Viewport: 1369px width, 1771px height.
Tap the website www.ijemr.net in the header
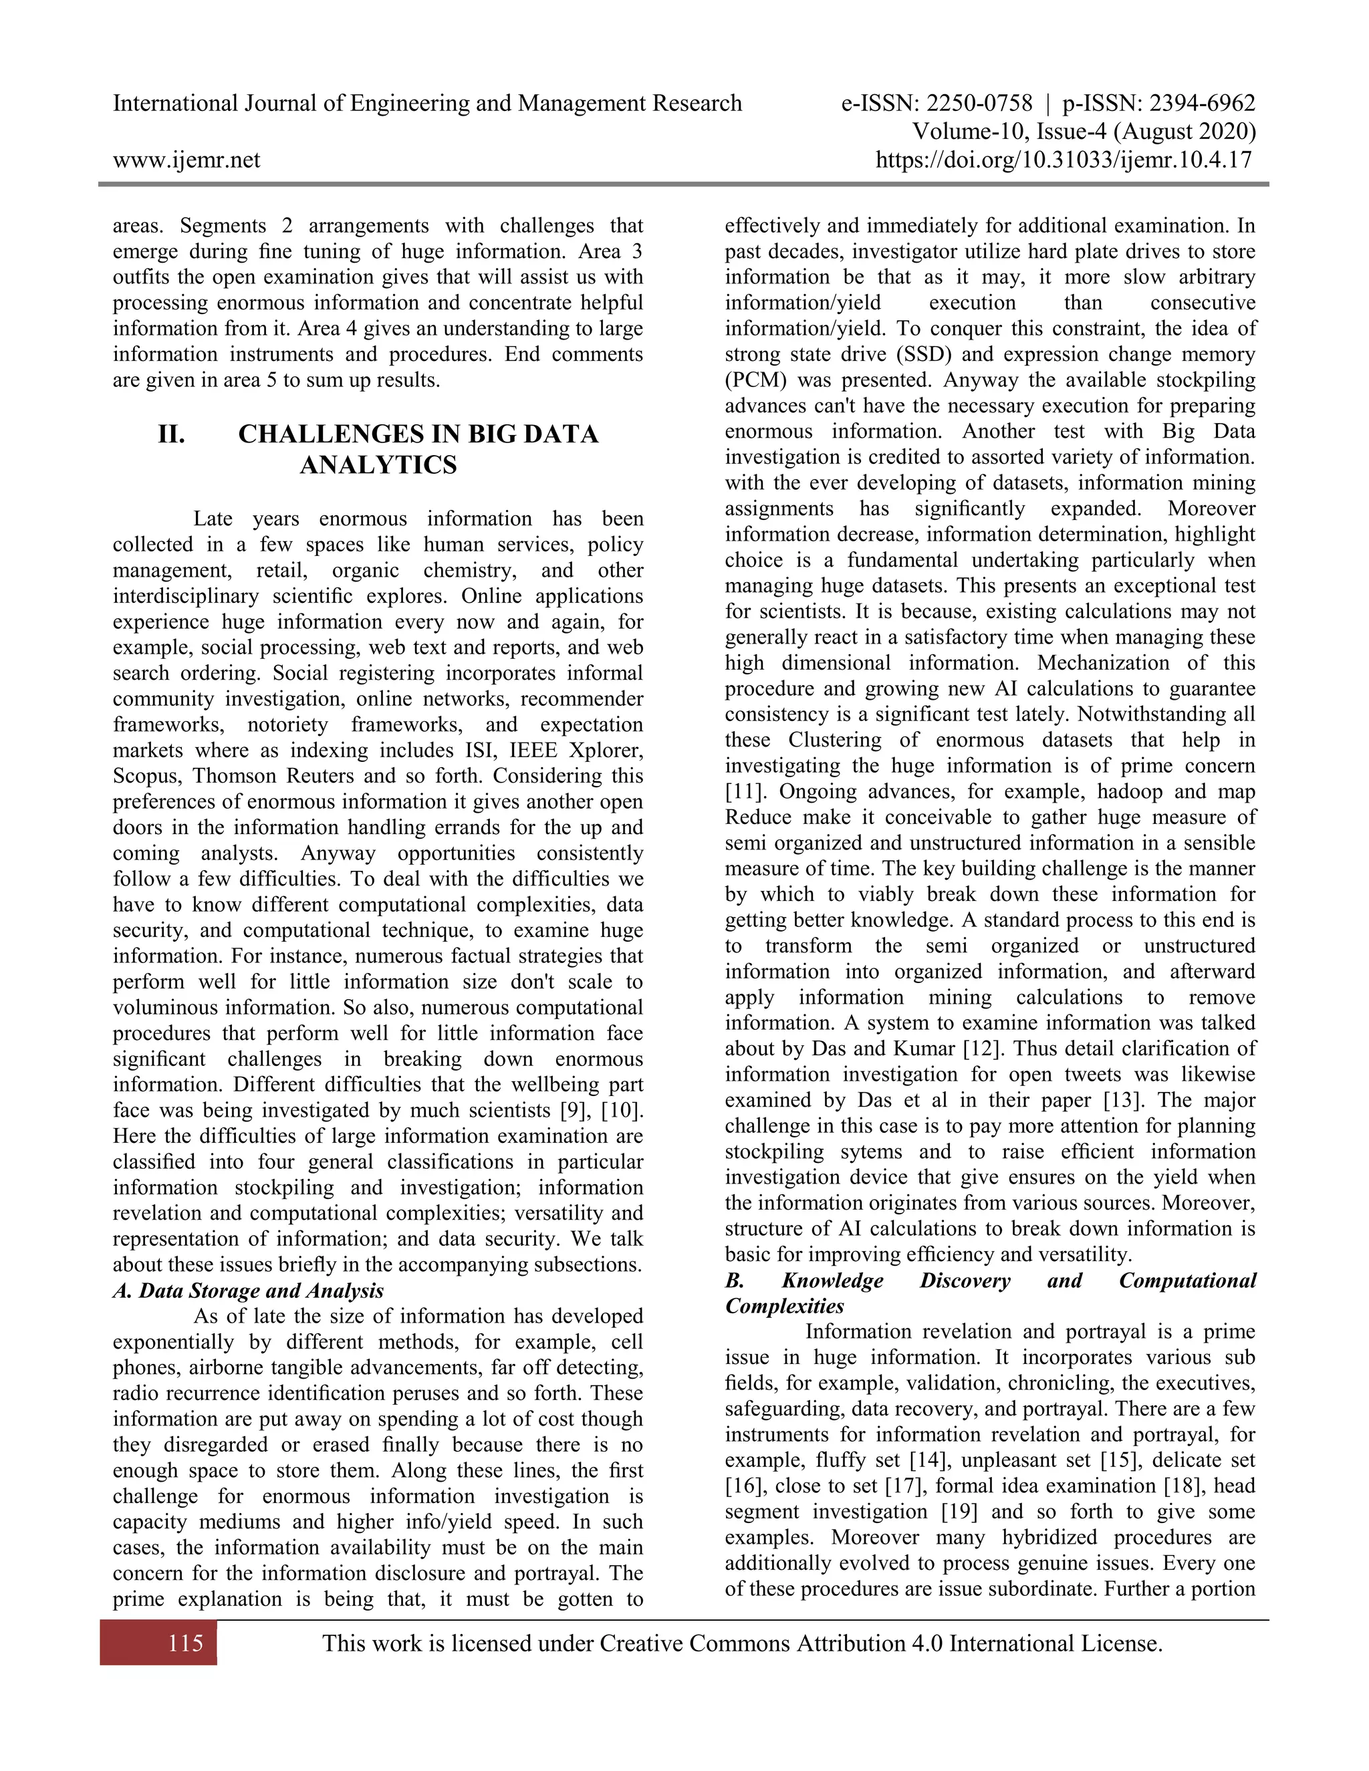(186, 160)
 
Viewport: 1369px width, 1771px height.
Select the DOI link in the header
(1064, 160)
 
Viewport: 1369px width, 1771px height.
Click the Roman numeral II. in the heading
(171, 434)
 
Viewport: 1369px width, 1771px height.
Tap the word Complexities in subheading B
(784, 1307)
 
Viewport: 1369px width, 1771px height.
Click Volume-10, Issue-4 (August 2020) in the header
(1084, 132)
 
